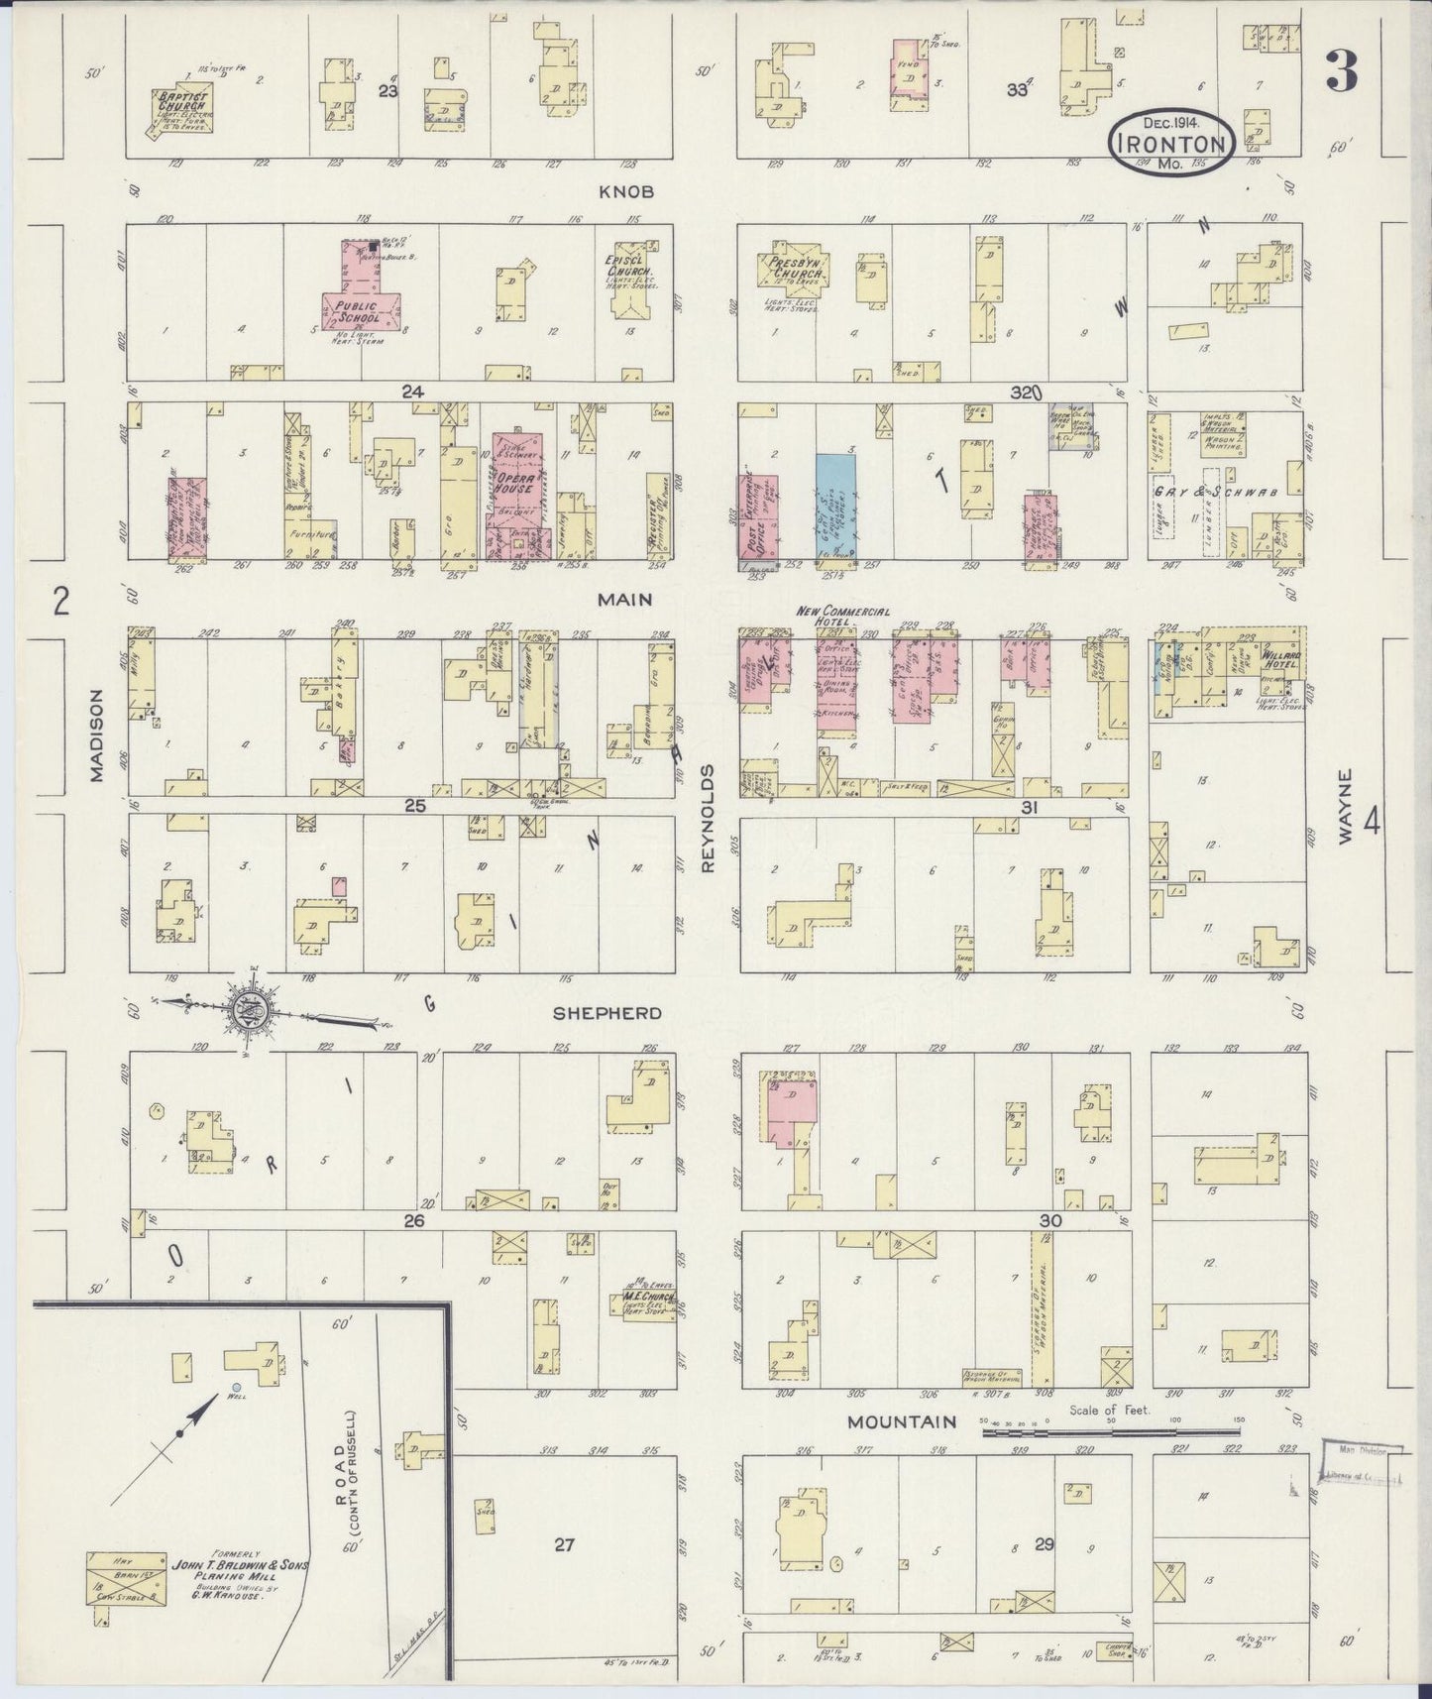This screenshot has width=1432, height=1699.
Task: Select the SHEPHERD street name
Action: [606, 1013]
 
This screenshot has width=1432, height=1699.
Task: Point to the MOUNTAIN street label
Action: [902, 1421]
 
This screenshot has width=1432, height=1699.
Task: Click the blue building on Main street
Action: [835, 504]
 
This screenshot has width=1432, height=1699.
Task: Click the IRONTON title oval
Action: [1171, 142]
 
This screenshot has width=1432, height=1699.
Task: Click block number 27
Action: [564, 1543]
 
